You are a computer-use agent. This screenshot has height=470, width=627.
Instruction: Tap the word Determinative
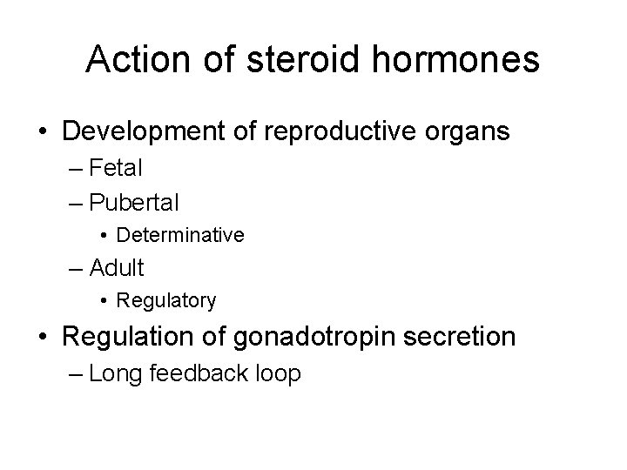coord(180,235)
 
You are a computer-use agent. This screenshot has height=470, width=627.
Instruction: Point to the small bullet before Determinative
coord(104,236)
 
